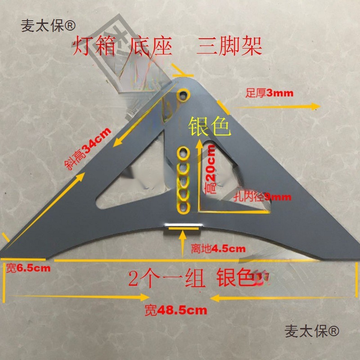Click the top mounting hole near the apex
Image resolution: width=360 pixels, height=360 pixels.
point(184,95)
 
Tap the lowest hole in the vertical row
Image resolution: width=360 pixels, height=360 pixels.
point(184,207)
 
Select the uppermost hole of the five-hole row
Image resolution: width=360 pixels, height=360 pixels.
point(184,152)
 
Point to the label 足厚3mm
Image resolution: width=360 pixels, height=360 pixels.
point(269,94)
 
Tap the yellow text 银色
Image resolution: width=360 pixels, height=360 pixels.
point(210,126)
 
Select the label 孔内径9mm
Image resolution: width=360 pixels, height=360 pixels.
point(263,197)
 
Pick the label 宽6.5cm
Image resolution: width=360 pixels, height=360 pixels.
point(28,269)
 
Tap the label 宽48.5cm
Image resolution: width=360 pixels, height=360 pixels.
point(176,310)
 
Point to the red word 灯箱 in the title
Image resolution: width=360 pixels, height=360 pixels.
point(94,46)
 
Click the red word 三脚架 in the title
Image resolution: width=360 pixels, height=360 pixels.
point(229,46)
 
